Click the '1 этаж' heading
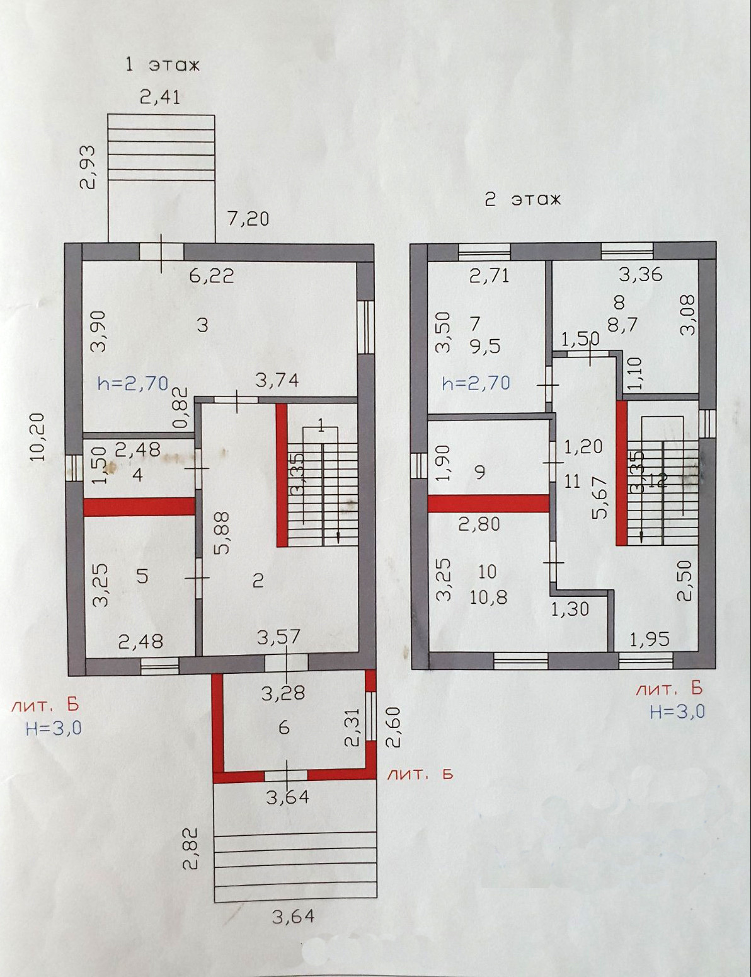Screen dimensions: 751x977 point(163,64)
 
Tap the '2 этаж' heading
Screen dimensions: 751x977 point(522,200)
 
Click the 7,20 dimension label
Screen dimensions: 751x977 point(248,218)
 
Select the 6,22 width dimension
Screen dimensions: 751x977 point(212,275)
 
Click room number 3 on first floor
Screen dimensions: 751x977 point(202,325)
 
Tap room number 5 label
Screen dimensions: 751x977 point(142,575)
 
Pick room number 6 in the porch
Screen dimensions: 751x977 point(284,727)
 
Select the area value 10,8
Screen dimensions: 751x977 point(488,597)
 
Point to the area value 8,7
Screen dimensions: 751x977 point(623,324)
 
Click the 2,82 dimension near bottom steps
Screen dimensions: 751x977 point(191,849)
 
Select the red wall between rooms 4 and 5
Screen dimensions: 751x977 point(139,507)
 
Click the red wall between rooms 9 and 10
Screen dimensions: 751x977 point(488,503)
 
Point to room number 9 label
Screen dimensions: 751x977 point(480,471)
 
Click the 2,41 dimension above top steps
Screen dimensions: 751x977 point(159,97)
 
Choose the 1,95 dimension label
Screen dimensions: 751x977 point(650,640)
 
